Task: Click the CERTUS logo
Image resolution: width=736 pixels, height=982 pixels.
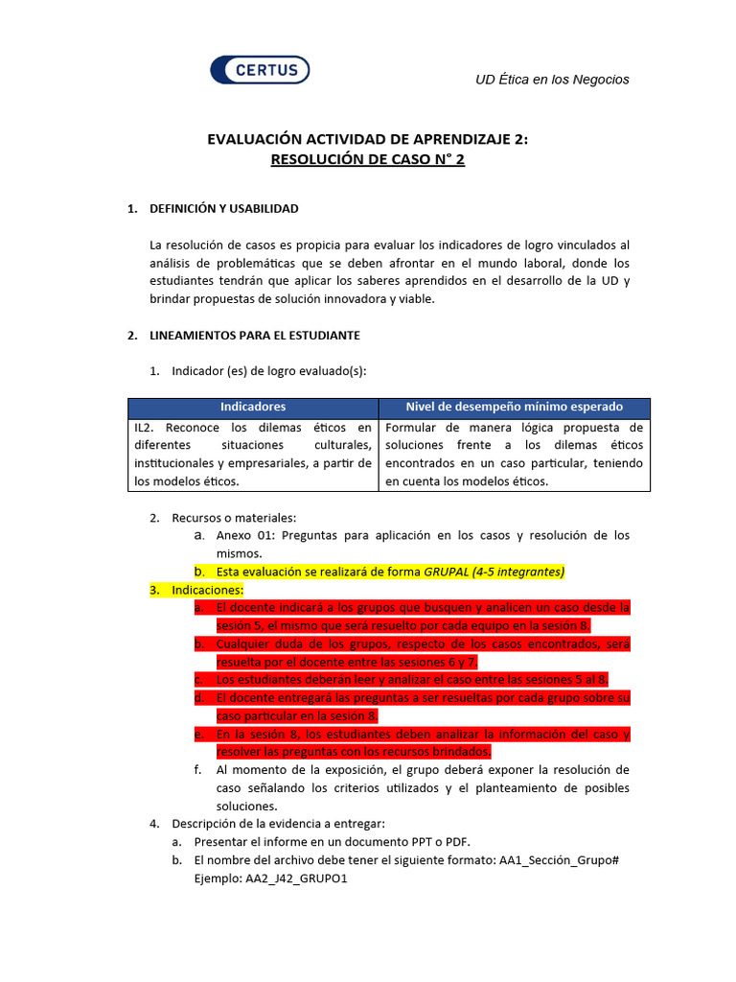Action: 260,69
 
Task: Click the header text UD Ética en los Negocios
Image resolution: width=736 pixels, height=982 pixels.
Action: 552,80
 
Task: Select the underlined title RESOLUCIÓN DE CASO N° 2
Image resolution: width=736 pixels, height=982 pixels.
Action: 368,160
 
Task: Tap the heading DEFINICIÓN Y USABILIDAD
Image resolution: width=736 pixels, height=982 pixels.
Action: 224,208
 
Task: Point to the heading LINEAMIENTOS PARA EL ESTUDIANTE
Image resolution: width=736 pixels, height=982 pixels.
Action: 255,336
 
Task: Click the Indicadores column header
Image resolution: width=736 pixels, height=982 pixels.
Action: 253,407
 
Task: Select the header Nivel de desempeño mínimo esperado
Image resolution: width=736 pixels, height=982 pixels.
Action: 514,407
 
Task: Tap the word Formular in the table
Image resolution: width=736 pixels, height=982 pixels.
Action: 409,428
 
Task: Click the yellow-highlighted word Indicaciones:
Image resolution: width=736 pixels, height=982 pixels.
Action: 208,590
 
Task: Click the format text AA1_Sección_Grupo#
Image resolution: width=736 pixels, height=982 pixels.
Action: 560,860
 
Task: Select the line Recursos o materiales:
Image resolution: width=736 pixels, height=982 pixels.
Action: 234,518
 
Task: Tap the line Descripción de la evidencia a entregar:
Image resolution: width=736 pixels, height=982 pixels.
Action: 278,824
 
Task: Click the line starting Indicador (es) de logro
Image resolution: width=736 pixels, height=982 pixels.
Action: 268,371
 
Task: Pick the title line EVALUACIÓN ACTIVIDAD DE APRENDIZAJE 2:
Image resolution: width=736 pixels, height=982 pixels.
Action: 368,140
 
